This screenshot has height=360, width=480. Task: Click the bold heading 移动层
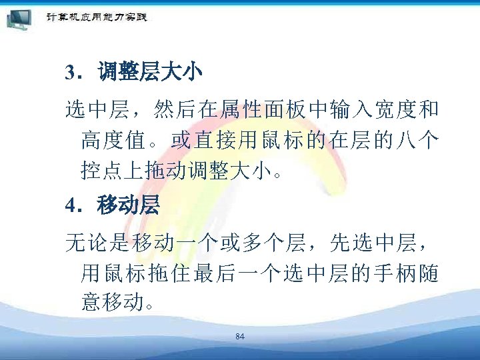128,205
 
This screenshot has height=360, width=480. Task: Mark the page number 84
240,337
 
